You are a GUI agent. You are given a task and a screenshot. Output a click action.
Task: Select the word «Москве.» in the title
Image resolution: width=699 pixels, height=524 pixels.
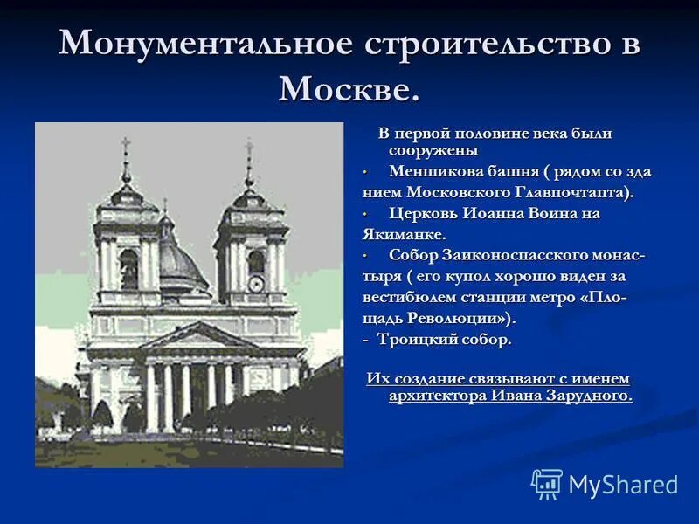point(349,88)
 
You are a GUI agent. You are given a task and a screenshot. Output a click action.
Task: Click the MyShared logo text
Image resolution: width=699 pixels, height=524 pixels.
point(623,485)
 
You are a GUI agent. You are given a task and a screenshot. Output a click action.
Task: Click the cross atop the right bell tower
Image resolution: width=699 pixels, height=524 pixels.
point(249,150)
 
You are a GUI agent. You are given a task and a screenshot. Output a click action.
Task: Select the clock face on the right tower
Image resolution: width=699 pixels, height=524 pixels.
point(256,284)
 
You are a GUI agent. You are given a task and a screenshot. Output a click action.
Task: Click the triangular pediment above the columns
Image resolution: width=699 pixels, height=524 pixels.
point(198,336)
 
